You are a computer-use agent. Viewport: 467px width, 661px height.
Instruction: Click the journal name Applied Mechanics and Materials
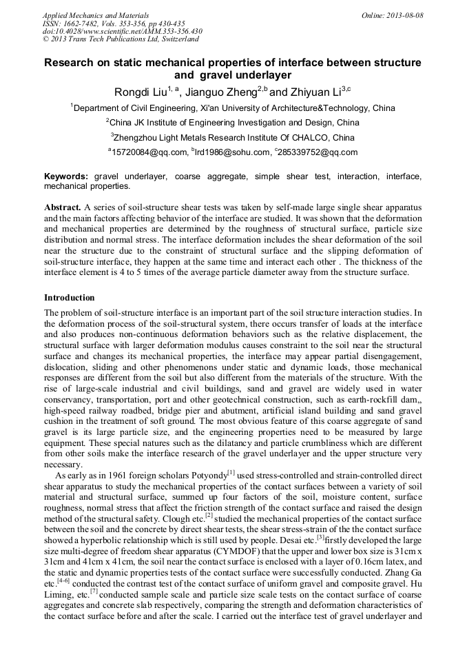tap(85, 15)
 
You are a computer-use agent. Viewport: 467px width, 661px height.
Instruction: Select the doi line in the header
tap(122, 32)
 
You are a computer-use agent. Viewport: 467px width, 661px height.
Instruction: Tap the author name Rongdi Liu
tap(141, 91)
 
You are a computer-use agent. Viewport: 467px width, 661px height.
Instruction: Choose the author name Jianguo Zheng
tap(218, 91)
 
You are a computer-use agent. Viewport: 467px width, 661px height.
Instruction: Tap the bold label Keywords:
tap(66, 177)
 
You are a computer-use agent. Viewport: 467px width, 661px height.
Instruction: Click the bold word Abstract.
tap(63, 207)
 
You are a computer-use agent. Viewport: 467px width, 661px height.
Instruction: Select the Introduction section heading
tap(69, 298)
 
